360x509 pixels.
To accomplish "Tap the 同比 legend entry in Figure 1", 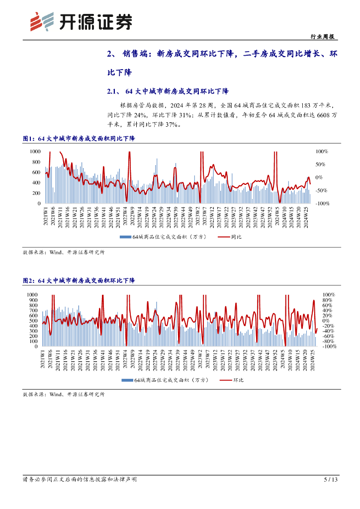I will tap(230, 238).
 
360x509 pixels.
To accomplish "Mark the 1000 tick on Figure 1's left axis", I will tap(35, 151).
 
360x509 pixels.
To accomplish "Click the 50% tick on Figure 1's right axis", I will tap(321, 165).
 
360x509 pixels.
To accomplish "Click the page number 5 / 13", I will tap(330, 480).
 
